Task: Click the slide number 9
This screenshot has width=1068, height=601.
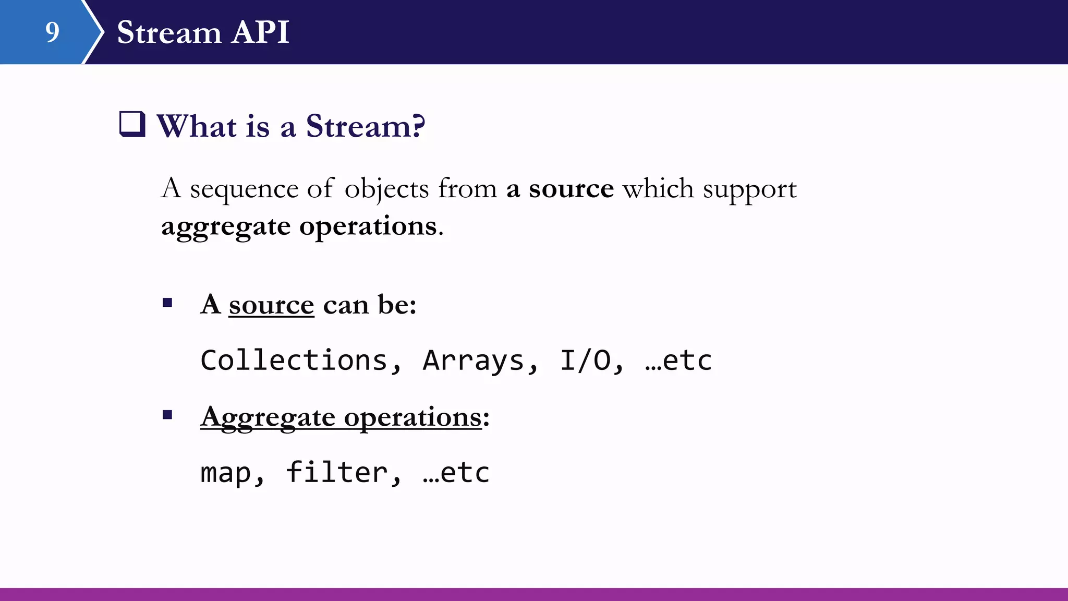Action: pos(52,32)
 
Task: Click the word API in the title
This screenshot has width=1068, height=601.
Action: pos(260,32)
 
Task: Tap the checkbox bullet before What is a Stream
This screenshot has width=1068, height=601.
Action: pos(132,124)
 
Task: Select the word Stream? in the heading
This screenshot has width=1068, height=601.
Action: pos(365,126)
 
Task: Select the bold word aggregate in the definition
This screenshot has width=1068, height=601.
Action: pos(225,227)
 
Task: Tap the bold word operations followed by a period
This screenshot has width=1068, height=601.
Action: pos(368,227)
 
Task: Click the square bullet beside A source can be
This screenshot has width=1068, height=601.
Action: pos(167,303)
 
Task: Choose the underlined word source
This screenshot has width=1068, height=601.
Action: pos(271,305)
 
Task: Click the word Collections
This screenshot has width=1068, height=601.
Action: pos(294,360)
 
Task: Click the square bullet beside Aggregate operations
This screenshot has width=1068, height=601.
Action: pos(167,415)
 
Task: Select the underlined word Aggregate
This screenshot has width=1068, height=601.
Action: pos(268,417)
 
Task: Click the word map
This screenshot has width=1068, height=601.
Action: pos(225,473)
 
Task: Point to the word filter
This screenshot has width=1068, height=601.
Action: pos(336,472)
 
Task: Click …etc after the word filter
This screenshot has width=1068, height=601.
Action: pos(456,473)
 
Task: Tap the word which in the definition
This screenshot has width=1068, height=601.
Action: pos(658,189)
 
